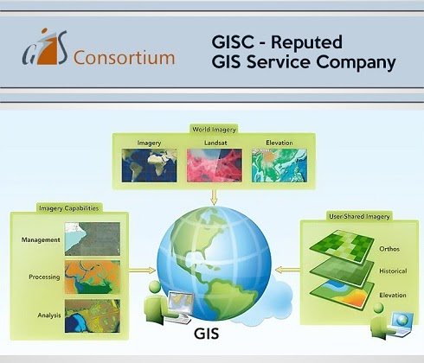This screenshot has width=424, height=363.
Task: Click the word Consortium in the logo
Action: tap(125, 59)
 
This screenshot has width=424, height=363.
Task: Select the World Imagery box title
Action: tap(212, 130)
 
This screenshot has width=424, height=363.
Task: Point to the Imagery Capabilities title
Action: tap(69, 207)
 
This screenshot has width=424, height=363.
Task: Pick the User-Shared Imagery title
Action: tap(360, 214)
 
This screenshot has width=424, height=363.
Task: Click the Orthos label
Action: tap(389, 249)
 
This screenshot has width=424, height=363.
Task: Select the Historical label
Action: tap(391, 271)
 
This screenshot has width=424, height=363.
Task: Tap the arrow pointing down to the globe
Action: tap(212, 196)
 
